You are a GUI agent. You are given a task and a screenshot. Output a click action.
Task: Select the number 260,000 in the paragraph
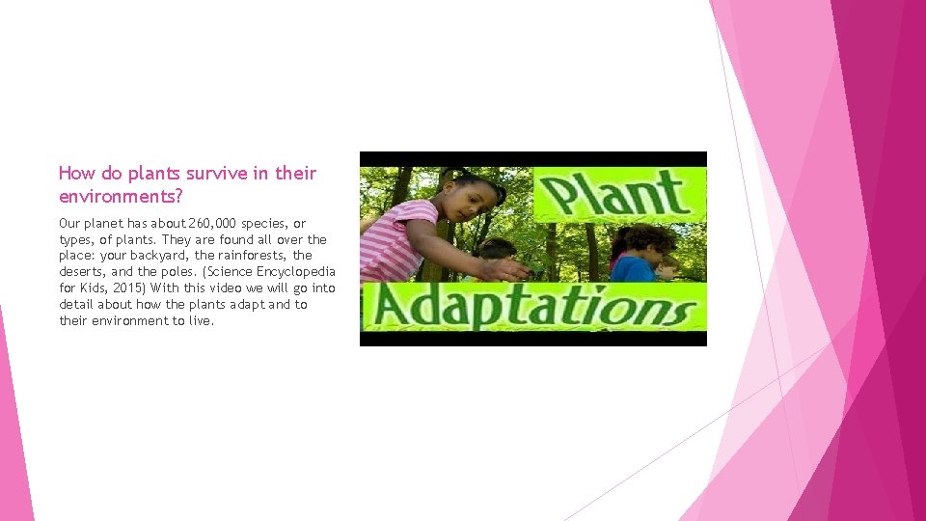(217, 224)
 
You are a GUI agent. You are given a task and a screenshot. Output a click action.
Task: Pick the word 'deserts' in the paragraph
(83, 272)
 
